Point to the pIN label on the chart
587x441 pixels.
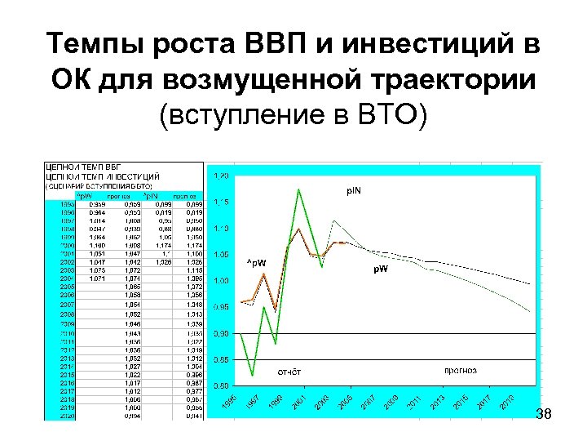[x=352, y=191]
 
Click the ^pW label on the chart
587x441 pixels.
[x=256, y=262]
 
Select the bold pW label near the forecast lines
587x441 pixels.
[x=381, y=269]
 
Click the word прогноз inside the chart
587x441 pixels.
[x=461, y=370]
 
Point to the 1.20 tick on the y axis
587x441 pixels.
[x=221, y=176]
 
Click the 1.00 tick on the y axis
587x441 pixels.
[x=221, y=280]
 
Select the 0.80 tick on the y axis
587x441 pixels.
[x=221, y=385]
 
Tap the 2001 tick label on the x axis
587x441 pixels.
[x=302, y=403]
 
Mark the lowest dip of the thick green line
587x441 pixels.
[x=253, y=375]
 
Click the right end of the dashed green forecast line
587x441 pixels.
[x=531, y=311]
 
